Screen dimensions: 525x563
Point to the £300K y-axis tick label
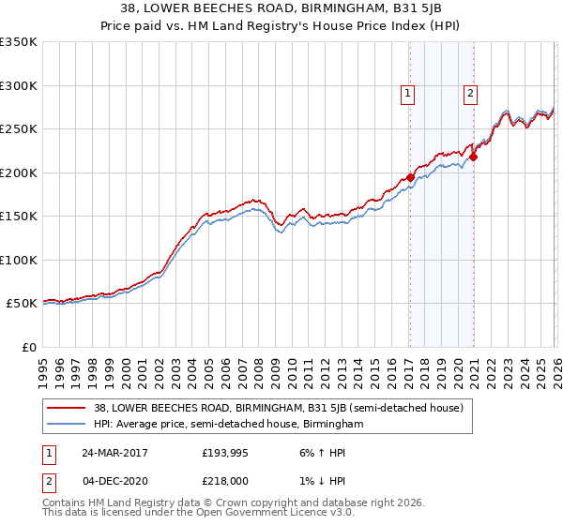(x=19, y=85)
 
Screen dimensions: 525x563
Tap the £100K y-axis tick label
(x=19, y=260)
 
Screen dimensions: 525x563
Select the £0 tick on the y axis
(x=28, y=347)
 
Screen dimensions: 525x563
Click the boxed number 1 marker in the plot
(x=409, y=93)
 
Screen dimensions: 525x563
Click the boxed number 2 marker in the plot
(x=470, y=93)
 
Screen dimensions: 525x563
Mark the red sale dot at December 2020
(x=473, y=157)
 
